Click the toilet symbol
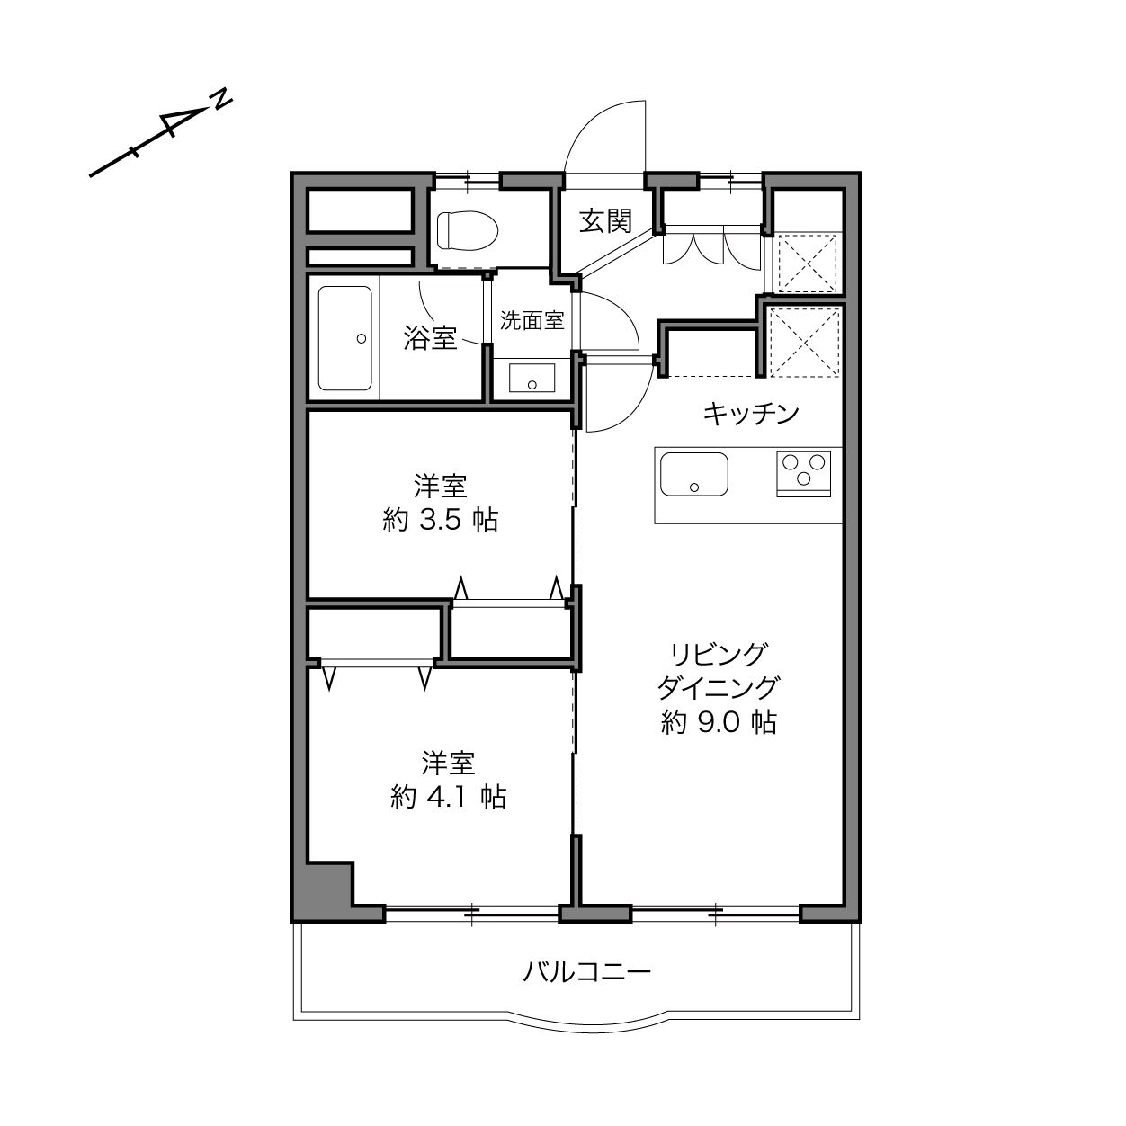(468, 230)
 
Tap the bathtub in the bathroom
(344, 338)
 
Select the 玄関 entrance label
(606, 221)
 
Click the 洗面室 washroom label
(532, 320)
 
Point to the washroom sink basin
(532, 378)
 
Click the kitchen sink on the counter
(694, 474)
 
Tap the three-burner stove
(803, 474)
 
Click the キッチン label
(751, 414)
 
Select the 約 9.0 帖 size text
(719, 722)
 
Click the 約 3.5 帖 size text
(441, 519)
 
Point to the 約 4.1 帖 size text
(448, 796)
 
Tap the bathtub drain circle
(362, 338)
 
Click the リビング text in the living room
(718, 655)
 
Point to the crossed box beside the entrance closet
(808, 263)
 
